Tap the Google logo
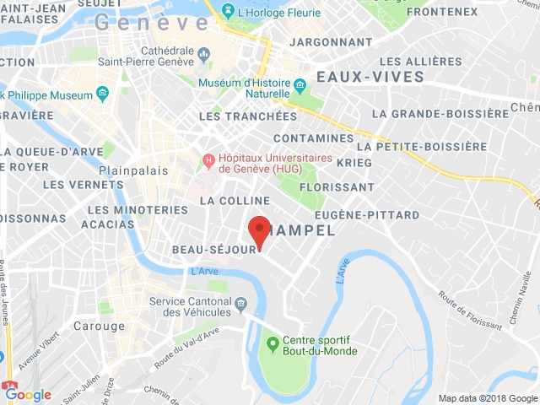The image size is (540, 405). tap(28, 395)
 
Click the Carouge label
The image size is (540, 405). tap(98, 326)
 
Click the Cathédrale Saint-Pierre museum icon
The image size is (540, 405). tap(204, 56)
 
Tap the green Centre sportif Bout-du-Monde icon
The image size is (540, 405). tap(273, 343)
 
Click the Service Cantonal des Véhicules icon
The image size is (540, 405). tap(241, 302)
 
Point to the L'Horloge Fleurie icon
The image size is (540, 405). tap(227, 11)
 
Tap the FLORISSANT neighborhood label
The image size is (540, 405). tap(337, 186)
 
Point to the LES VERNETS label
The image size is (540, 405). tap(78, 184)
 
